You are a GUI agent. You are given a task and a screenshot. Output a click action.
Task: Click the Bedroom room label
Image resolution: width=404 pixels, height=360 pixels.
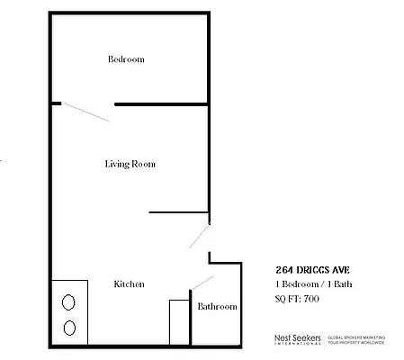[126, 59]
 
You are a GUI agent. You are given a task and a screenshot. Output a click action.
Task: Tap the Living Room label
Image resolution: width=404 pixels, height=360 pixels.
[130, 164]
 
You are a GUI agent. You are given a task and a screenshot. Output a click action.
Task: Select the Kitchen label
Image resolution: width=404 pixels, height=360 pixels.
[129, 284]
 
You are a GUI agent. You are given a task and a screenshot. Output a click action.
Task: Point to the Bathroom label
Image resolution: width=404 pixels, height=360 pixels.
[218, 307]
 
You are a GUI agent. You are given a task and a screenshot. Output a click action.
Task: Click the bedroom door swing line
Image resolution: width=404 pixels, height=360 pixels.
[86, 112]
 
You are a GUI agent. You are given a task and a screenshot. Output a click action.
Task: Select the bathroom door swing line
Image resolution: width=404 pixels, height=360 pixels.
[199, 283]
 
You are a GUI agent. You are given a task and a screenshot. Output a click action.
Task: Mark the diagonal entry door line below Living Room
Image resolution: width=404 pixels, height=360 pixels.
[200, 236]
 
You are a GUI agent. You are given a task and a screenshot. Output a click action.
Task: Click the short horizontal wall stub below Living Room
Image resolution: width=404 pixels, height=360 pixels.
[178, 213]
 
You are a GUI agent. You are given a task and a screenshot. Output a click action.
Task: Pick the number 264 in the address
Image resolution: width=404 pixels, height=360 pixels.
[284, 269]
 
